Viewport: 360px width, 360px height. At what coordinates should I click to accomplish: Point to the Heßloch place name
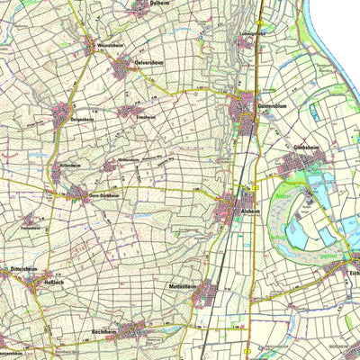point(32,279)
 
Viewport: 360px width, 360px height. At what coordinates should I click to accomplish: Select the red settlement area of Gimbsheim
point(297,165)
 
